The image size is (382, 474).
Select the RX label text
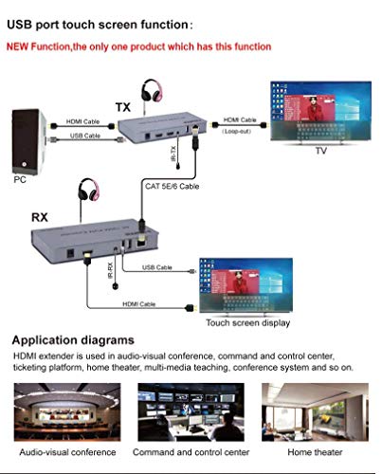[x=40, y=217]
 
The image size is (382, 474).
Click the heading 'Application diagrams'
[x=74, y=338]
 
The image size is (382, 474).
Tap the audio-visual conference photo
[x=66, y=410]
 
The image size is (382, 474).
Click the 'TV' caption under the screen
[x=320, y=151]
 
